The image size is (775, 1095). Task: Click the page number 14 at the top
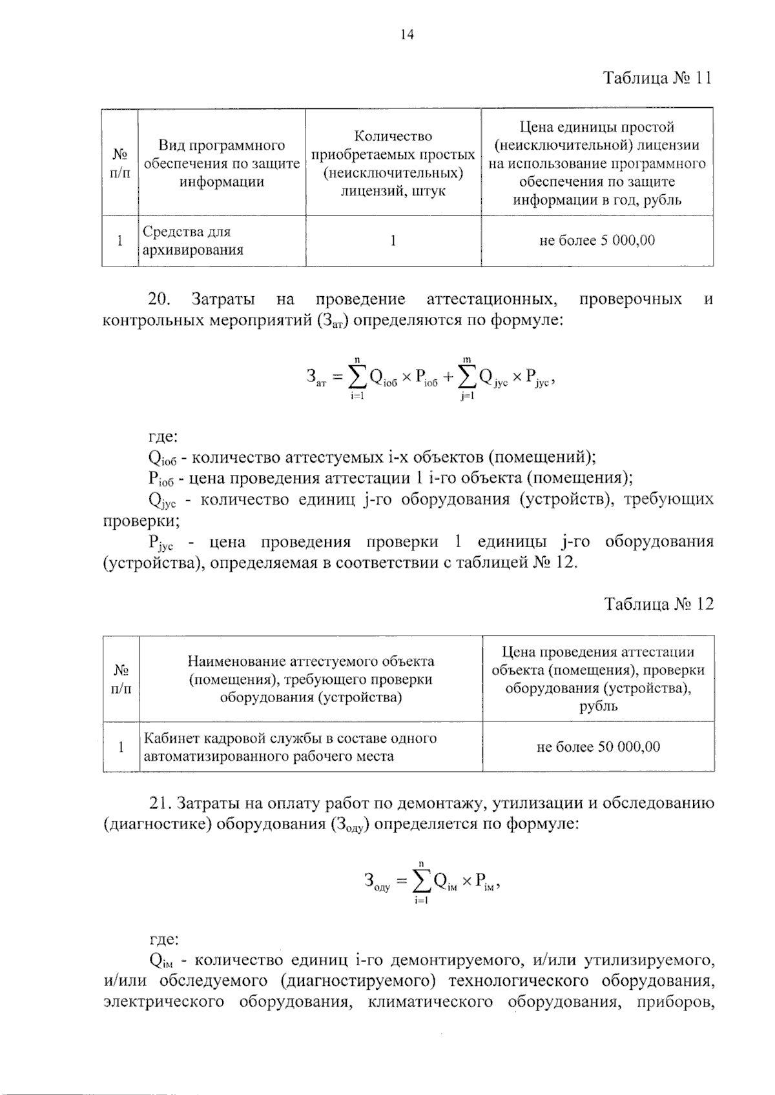pos(408,35)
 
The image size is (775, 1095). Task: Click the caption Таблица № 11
pos(657,79)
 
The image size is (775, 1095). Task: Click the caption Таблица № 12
pos(659,605)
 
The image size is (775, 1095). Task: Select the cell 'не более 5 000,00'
pos(597,241)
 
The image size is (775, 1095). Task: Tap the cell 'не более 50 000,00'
pos(598,747)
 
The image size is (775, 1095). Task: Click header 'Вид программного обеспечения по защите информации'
pos(222,163)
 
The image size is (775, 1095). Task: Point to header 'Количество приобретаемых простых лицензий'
pos(393,163)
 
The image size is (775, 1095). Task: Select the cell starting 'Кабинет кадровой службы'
pos(291,747)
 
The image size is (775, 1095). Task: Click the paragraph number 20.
pos(158,299)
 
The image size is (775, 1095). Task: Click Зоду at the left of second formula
pos(377,882)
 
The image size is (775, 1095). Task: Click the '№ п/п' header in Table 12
pos(121,679)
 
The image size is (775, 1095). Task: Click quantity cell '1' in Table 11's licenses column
pos(393,241)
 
